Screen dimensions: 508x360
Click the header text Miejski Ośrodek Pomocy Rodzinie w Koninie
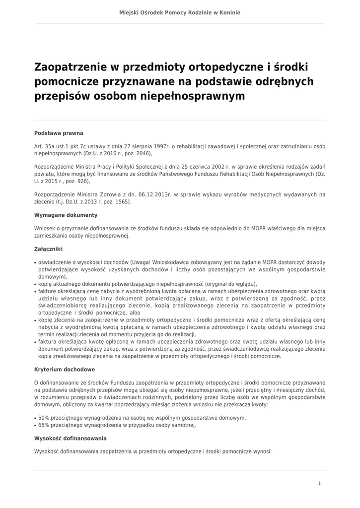click(x=180, y=12)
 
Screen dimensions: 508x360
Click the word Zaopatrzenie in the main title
click(x=69, y=67)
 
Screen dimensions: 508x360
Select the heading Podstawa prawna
click(x=59, y=133)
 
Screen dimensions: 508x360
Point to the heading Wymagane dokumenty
click(x=66, y=215)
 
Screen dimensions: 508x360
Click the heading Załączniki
click(x=48, y=249)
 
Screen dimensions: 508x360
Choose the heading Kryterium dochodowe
click(x=65, y=370)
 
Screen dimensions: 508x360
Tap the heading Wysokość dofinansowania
click(x=70, y=439)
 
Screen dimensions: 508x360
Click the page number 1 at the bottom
click(x=319, y=483)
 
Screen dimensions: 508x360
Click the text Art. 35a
click(x=44, y=146)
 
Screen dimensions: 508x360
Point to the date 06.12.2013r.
click(x=148, y=195)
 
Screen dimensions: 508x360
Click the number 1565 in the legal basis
click(x=122, y=202)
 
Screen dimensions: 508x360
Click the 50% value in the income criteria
click(x=44, y=418)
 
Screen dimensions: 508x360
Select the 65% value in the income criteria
click(x=44, y=425)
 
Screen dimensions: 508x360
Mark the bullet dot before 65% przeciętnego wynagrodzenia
click(x=35, y=426)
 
